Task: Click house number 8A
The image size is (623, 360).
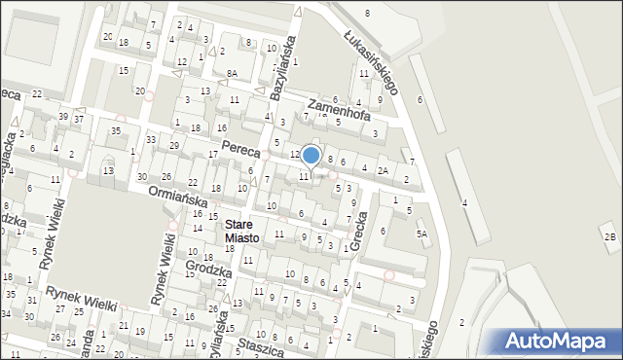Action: coord(232,74)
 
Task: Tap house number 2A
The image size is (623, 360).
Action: coord(384,171)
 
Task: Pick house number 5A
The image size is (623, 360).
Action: coord(421,234)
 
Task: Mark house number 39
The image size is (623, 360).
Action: coord(62,116)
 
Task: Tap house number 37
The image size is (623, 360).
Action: coord(79,120)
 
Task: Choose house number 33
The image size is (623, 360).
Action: coord(151,140)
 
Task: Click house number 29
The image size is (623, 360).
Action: coord(174,145)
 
